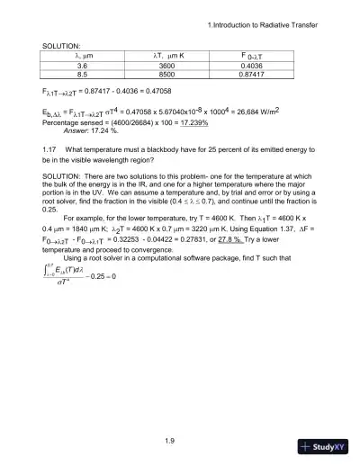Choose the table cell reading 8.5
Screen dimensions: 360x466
[82, 76]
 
